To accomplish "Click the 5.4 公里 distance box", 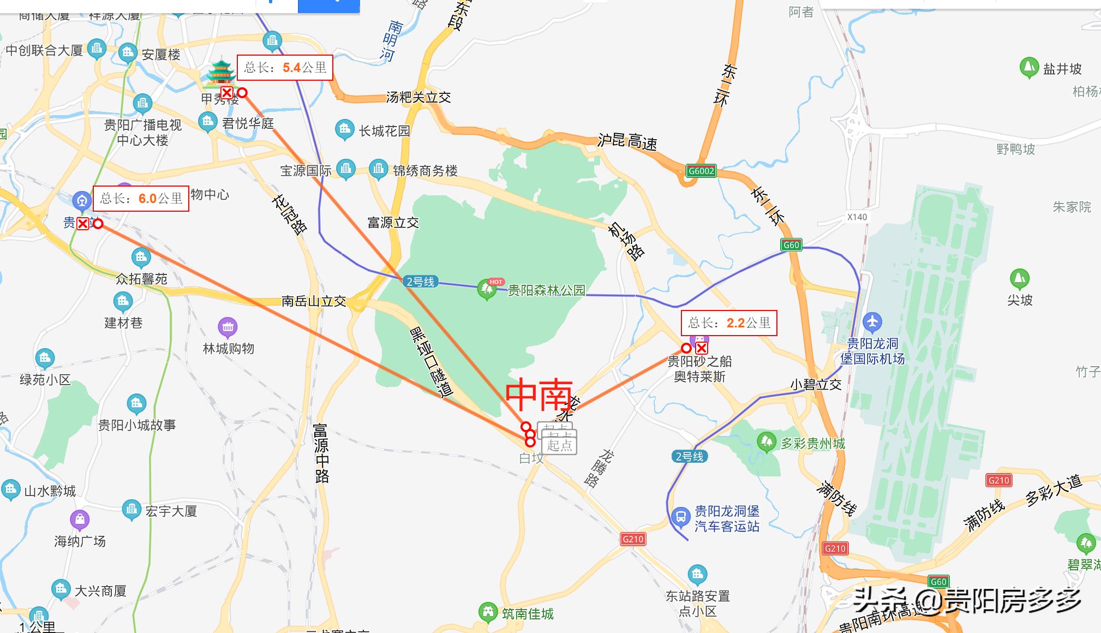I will pyautogui.click(x=285, y=68).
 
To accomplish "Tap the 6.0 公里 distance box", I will pyautogui.click(x=141, y=199).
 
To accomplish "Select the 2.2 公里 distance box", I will pyautogui.click(x=729, y=323).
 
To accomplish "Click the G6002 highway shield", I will pyautogui.click(x=701, y=171).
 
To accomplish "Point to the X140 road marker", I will pyautogui.click(x=857, y=217).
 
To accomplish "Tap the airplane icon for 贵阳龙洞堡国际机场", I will pyautogui.click(x=872, y=321).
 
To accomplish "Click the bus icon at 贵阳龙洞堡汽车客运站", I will pyautogui.click(x=681, y=516).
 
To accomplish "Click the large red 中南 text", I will pyautogui.click(x=539, y=395).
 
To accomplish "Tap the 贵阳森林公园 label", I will pyautogui.click(x=546, y=290).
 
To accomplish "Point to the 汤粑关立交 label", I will pyautogui.click(x=418, y=98).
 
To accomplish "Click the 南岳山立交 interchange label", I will pyautogui.click(x=314, y=301).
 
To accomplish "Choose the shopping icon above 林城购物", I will pyautogui.click(x=228, y=327).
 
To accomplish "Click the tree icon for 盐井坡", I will pyautogui.click(x=1029, y=68).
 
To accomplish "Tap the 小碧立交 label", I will pyautogui.click(x=816, y=385).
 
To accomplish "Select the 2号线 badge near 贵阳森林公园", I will pyautogui.click(x=420, y=282).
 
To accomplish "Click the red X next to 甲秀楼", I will pyautogui.click(x=226, y=93).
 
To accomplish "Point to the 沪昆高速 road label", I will pyautogui.click(x=627, y=141).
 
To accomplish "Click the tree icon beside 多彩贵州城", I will pyautogui.click(x=767, y=441).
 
